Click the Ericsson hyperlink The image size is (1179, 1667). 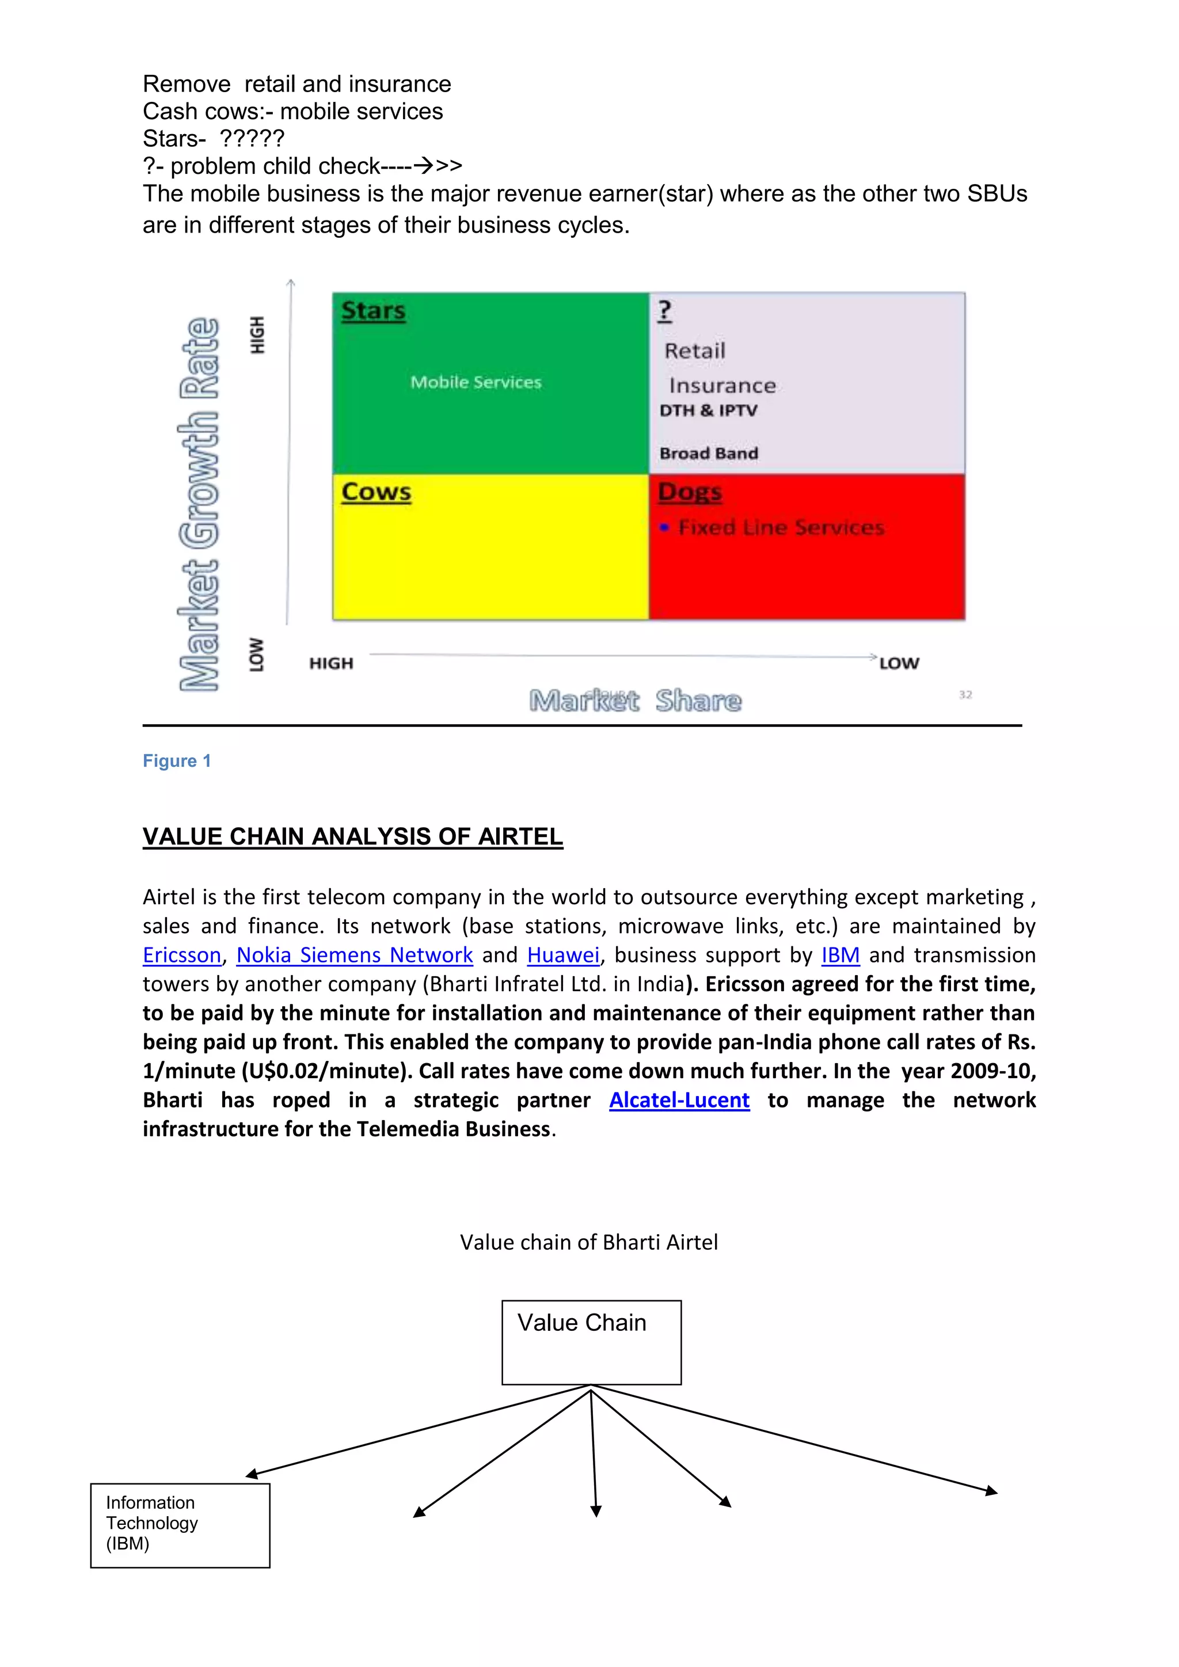[x=181, y=956]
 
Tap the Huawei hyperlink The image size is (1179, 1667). [x=564, y=956]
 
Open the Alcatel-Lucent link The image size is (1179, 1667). [x=679, y=1101]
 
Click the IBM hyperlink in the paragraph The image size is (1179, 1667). [x=840, y=956]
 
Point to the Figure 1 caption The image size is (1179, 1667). [x=176, y=761]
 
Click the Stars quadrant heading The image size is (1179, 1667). [x=373, y=311]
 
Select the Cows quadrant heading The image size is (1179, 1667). [x=376, y=492]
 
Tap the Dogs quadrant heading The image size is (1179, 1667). [x=690, y=492]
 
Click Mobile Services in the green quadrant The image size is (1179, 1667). [x=476, y=383]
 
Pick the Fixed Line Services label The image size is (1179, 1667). [x=781, y=528]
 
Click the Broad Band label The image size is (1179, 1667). [x=709, y=454]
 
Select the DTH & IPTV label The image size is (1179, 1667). [x=708, y=411]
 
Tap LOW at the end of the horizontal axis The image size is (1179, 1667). [x=899, y=664]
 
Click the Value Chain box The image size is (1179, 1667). [x=591, y=1342]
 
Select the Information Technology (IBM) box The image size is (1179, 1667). [x=180, y=1525]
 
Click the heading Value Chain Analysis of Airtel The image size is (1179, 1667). [x=352, y=837]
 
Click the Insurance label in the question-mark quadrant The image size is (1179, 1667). [x=722, y=386]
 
